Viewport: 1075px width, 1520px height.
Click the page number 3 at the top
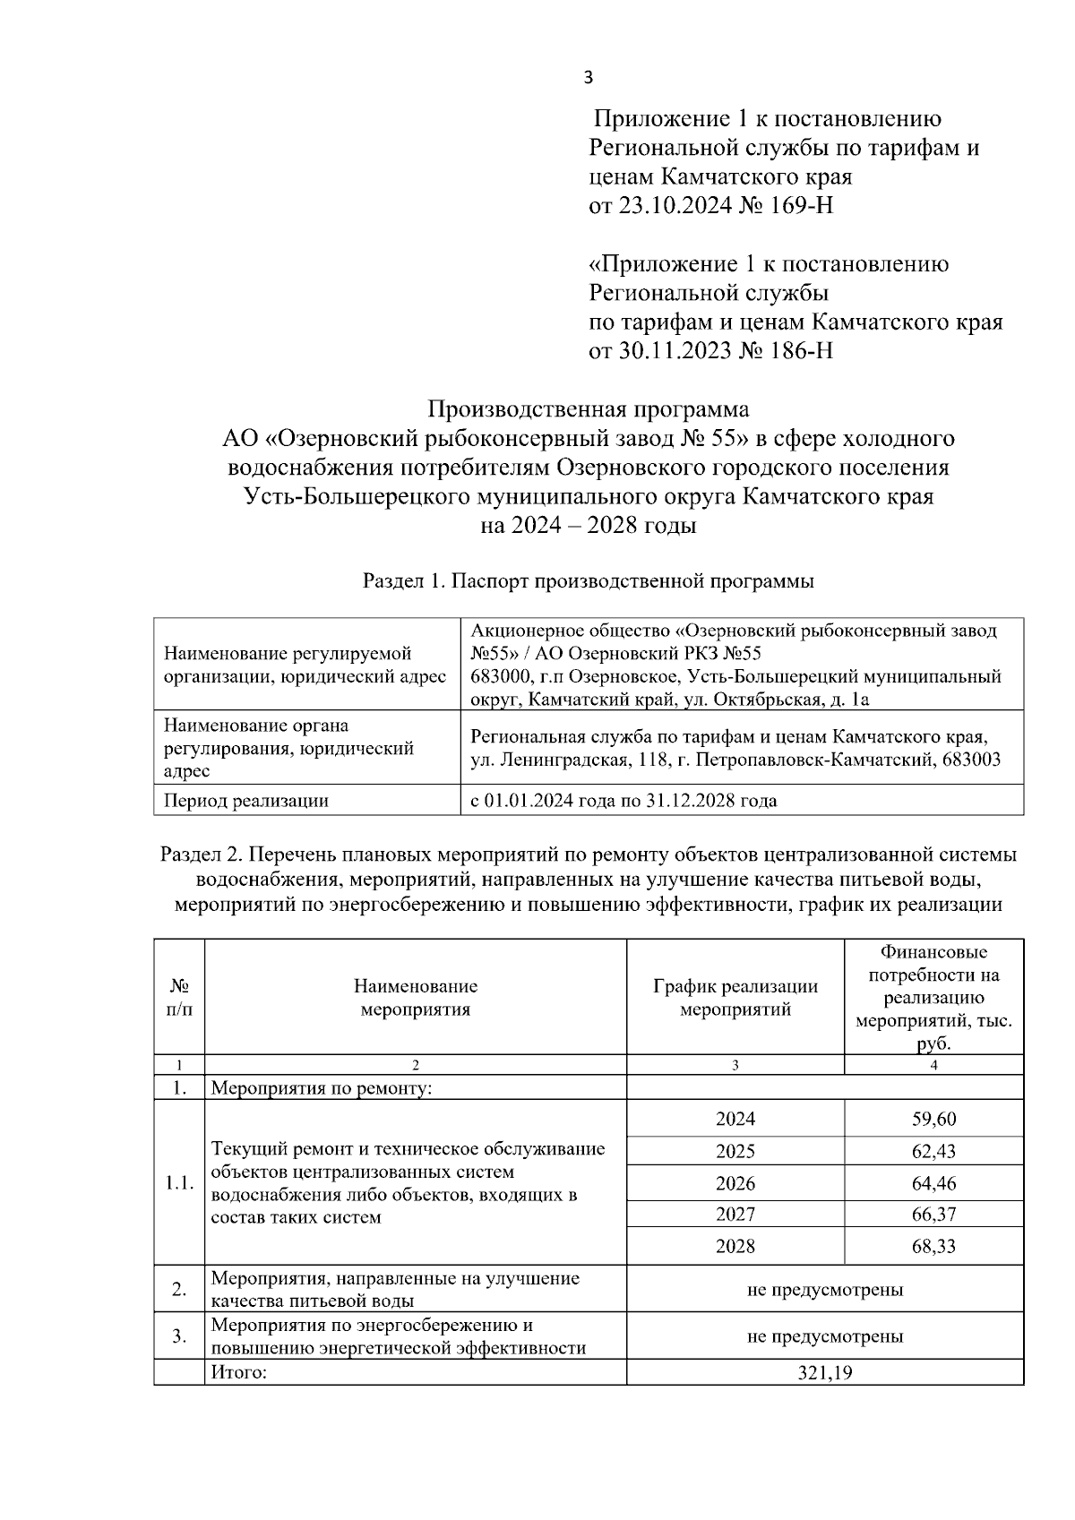[588, 78]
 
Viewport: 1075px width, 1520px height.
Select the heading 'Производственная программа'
[588, 409]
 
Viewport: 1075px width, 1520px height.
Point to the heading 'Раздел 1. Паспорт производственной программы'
[588, 581]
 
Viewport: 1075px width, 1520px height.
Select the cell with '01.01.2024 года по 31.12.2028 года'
[623, 801]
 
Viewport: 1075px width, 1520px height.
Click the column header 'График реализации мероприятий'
[735, 998]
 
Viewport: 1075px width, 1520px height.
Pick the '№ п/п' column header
[179, 998]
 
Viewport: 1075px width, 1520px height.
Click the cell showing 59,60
[933, 1119]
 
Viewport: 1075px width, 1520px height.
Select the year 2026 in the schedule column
[735, 1183]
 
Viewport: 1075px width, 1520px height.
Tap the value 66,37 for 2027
[933, 1215]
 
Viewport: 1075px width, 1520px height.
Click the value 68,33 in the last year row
[933, 1246]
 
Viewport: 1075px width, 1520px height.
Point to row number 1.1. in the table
[179, 1182]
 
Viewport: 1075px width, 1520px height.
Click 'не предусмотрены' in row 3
[824, 1336]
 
